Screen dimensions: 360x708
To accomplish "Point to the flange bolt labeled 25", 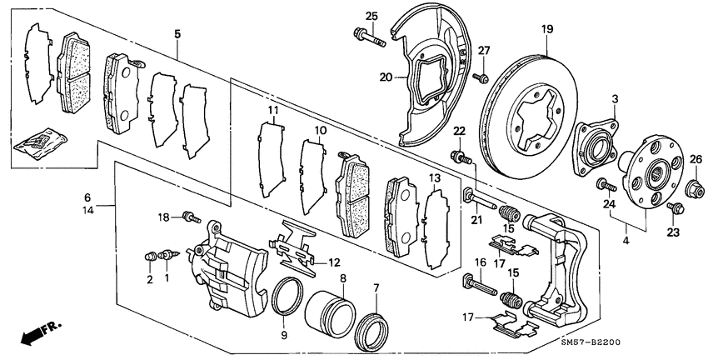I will click(x=368, y=36).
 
